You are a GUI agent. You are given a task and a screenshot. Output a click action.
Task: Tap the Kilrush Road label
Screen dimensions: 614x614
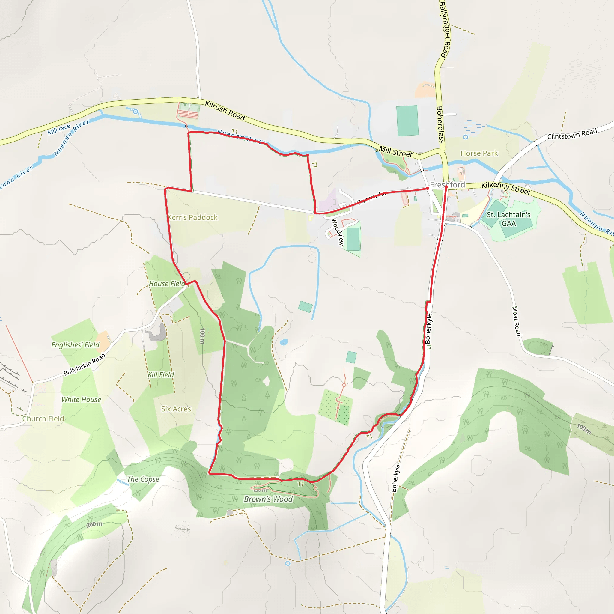(x=225, y=111)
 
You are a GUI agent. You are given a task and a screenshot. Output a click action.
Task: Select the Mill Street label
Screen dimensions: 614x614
(x=395, y=152)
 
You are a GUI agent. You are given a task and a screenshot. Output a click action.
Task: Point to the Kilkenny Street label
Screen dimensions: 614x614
(x=506, y=188)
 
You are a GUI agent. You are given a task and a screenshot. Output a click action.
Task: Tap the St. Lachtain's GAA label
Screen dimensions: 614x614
(x=508, y=219)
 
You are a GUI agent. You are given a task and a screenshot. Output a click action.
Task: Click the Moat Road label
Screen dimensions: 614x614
(x=517, y=321)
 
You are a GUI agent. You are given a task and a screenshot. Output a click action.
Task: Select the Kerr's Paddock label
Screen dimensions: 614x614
(x=192, y=217)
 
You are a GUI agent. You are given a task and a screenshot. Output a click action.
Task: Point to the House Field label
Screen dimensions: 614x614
(x=166, y=284)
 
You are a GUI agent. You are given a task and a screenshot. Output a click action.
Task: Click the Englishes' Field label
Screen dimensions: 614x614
(x=75, y=345)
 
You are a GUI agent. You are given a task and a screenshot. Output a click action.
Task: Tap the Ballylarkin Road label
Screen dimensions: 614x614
(x=84, y=364)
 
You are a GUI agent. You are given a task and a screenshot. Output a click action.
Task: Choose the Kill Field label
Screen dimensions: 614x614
(x=161, y=375)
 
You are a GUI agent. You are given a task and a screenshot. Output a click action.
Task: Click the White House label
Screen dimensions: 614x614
(x=81, y=399)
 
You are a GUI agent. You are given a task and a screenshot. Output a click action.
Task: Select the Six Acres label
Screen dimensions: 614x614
(x=176, y=409)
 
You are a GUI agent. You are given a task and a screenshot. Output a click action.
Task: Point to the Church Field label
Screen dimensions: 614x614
(x=43, y=419)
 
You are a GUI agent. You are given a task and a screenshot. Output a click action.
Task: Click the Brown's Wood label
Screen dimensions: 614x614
(x=268, y=499)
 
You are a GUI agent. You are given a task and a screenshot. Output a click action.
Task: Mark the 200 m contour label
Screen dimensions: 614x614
(x=94, y=524)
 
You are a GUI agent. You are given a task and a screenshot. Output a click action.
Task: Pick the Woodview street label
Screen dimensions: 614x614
(x=338, y=231)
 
